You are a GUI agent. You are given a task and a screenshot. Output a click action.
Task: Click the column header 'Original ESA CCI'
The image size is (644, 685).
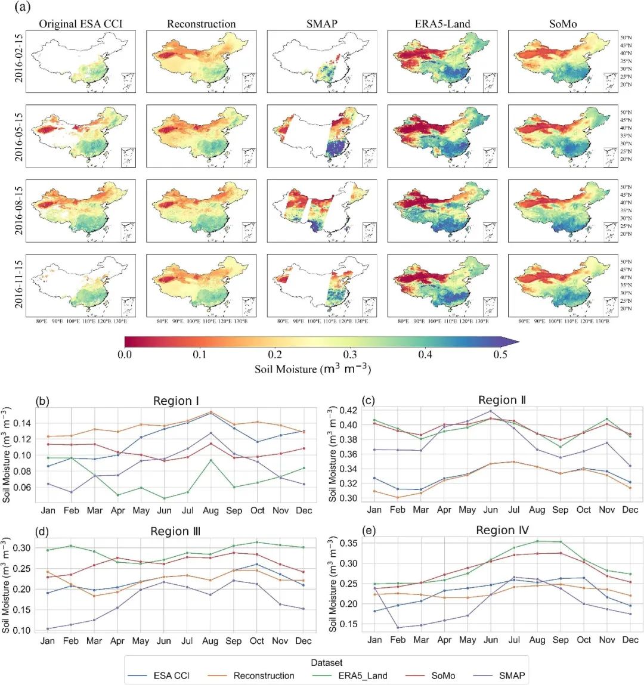coord(82,24)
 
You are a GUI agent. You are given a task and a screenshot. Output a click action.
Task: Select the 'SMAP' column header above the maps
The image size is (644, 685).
coord(321,24)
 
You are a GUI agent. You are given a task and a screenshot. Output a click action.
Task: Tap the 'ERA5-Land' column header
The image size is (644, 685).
coord(442,24)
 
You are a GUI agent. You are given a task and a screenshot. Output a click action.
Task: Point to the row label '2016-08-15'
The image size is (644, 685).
coord(19,210)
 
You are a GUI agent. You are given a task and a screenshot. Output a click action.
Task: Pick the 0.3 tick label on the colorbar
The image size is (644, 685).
coord(350,355)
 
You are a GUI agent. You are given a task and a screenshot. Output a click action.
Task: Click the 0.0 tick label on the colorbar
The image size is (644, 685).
coord(125,355)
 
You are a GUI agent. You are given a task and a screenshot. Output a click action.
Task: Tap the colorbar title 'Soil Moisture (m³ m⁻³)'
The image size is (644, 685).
coord(312,369)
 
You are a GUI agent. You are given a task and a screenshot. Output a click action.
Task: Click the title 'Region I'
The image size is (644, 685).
coord(176,401)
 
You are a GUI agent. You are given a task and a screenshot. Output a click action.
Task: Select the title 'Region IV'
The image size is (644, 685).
coord(502,531)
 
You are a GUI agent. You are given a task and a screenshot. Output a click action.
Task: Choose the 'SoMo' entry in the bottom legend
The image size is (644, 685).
coord(443,675)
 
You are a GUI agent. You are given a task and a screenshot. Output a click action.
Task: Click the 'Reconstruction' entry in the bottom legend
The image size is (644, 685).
coord(264,675)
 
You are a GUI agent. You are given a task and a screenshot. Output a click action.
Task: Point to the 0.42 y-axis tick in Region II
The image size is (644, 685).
coord(348,411)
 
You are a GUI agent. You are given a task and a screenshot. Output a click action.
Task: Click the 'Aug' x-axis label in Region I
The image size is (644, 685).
coord(210,510)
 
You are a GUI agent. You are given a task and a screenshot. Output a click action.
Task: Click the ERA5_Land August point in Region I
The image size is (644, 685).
coord(210,460)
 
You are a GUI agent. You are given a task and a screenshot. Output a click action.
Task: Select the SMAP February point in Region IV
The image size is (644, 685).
coord(398,627)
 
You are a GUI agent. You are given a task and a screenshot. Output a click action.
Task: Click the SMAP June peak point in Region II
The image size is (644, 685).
coord(491,411)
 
